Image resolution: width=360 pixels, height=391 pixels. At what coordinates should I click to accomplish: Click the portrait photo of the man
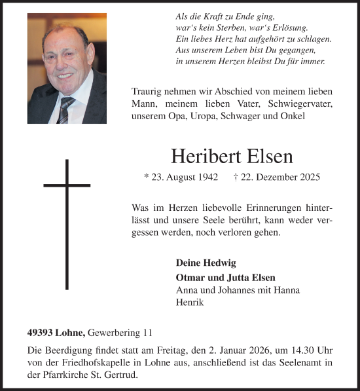(x=67, y=68)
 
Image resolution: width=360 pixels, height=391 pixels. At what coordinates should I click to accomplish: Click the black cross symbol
(x=67, y=223)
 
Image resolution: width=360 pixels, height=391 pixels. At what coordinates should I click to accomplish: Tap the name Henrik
(x=190, y=303)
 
